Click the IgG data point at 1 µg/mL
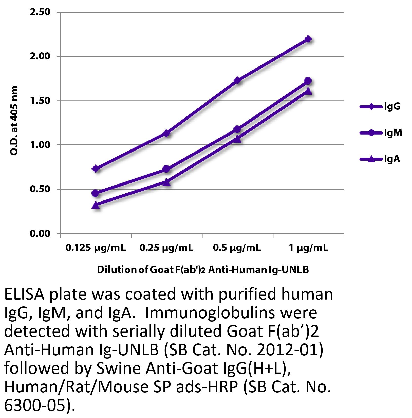(x=308, y=39)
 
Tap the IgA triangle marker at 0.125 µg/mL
(x=96, y=205)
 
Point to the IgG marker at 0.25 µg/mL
(x=166, y=133)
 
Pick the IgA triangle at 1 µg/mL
(x=308, y=91)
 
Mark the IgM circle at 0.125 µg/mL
(x=96, y=193)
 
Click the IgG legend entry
(x=380, y=107)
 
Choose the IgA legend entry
(x=380, y=159)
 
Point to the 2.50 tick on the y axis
(x=40, y=12)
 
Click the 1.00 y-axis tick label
(x=40, y=145)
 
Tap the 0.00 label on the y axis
(x=40, y=233)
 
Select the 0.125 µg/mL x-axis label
(x=96, y=248)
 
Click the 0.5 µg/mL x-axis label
(x=237, y=248)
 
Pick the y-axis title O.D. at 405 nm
(x=14, y=121)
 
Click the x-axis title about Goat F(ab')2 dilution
(x=203, y=270)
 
